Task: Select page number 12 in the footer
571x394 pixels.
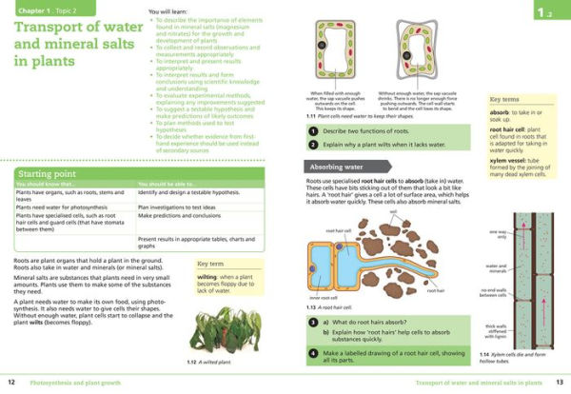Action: click(x=10, y=383)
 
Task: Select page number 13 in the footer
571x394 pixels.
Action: click(x=561, y=383)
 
